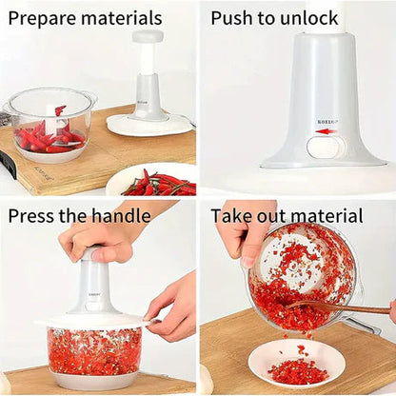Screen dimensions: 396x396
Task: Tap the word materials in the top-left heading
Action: [122, 18]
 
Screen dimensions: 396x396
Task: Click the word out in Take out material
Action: [278, 216]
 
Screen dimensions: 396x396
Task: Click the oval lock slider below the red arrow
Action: [326, 147]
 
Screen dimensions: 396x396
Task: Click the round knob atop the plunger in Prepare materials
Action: [148, 37]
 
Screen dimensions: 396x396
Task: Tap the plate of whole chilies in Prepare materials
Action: [152, 181]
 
